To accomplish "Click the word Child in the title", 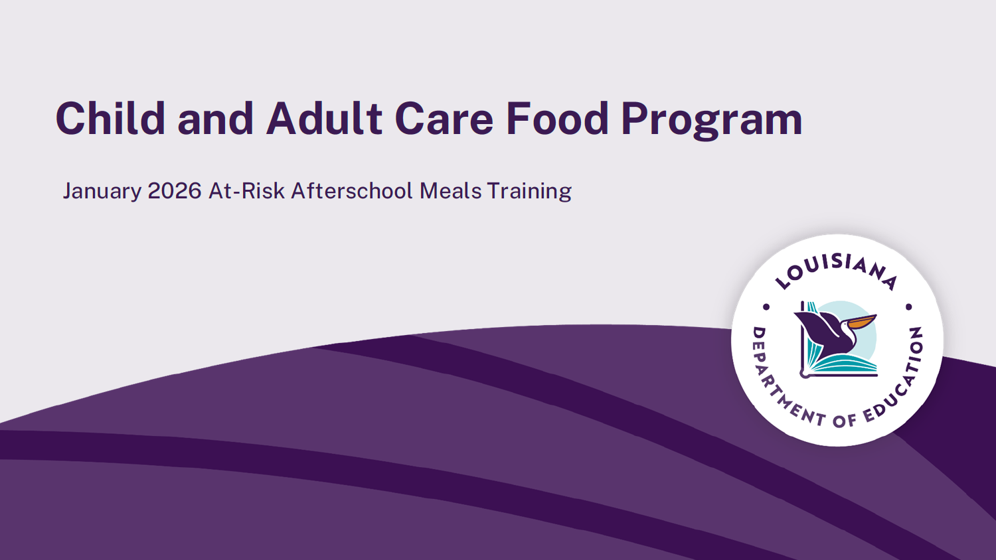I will [110, 119].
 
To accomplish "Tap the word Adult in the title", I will [324, 119].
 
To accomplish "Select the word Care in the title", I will [444, 119].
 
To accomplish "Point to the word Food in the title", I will [557, 119].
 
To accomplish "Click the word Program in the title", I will [711, 121].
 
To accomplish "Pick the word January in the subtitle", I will [102, 192].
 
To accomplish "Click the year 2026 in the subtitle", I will [174, 191].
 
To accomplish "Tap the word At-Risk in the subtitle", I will [246, 191].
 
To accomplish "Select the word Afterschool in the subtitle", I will [352, 191].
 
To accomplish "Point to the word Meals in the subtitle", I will [450, 191].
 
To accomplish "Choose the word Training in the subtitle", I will [529, 192].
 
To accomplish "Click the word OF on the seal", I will [844, 420].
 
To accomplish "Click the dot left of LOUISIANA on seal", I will [766, 307].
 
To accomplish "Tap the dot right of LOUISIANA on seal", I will [909, 307].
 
